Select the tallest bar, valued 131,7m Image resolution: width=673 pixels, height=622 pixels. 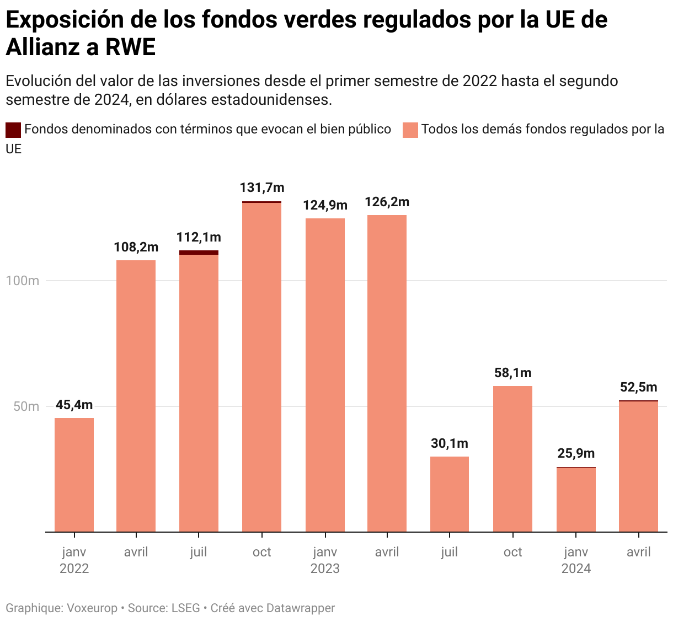click(x=261, y=367)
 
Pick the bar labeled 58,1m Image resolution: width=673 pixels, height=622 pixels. click(x=512, y=458)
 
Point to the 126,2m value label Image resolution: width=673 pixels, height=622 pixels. click(x=387, y=202)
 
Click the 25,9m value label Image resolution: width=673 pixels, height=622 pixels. click(x=576, y=453)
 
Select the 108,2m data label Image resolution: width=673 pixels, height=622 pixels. click(x=136, y=247)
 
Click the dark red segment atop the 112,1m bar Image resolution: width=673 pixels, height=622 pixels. click(x=199, y=253)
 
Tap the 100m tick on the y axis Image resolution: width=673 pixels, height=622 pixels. click(x=23, y=281)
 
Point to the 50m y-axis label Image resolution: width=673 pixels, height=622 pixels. click(x=26, y=406)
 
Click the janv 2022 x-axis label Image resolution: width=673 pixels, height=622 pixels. click(x=74, y=560)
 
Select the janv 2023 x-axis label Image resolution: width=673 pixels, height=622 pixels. click(x=325, y=560)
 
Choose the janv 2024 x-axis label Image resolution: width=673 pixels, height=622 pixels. click(x=576, y=560)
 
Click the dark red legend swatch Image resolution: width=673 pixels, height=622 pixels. click(x=13, y=130)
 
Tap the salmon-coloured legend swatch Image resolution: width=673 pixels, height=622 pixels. click(x=410, y=130)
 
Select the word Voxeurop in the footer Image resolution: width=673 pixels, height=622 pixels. click(x=92, y=608)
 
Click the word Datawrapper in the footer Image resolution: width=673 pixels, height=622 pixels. click(x=300, y=608)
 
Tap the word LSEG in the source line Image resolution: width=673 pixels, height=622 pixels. click(x=185, y=608)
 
